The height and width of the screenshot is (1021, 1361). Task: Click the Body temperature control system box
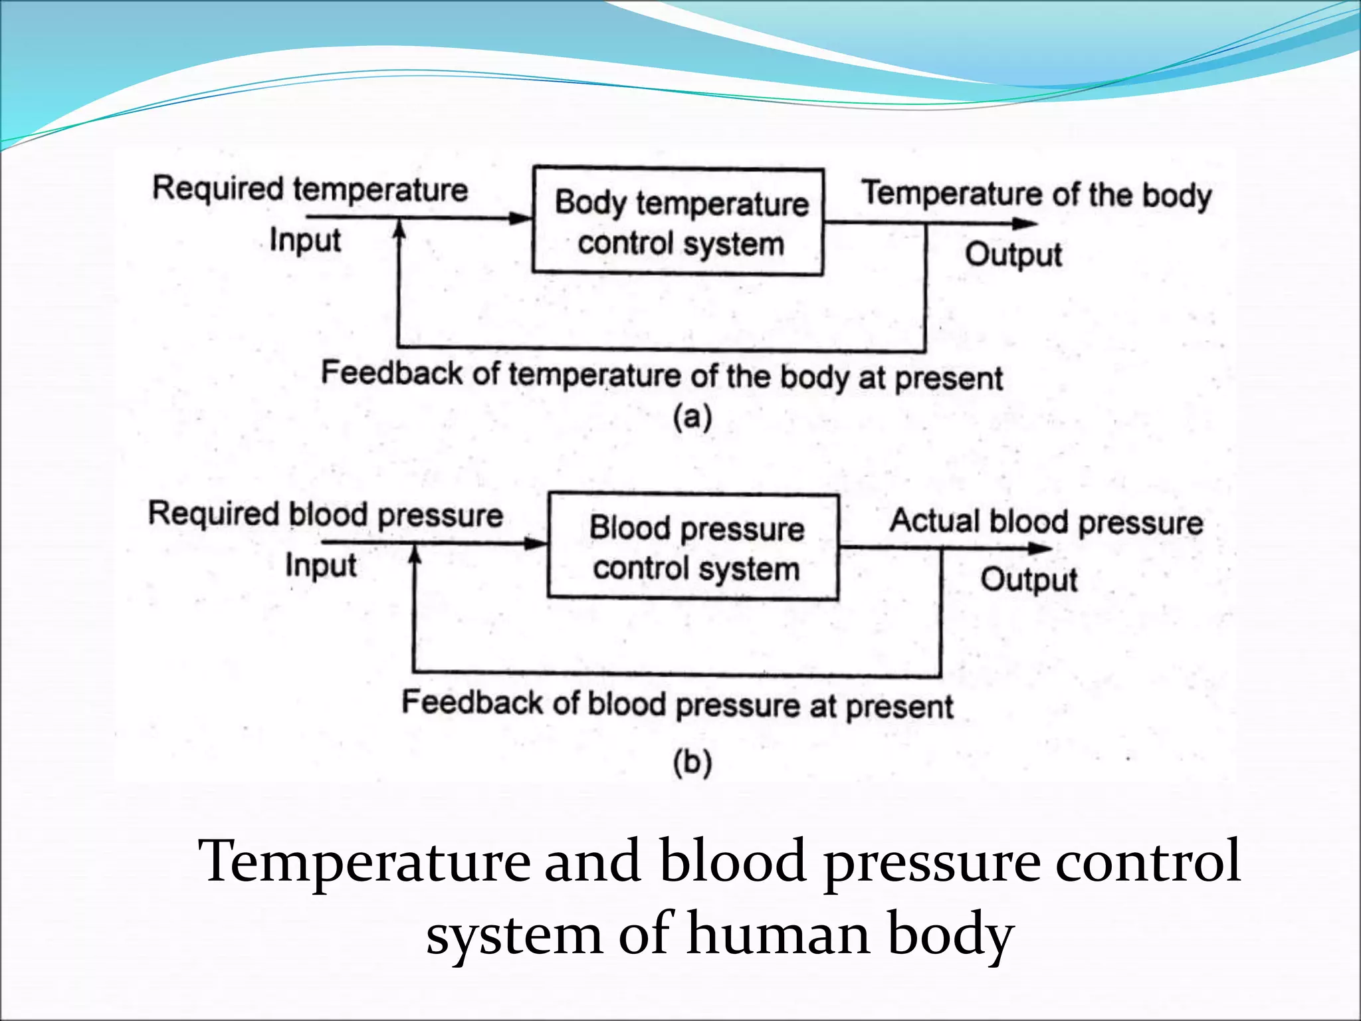[x=679, y=221]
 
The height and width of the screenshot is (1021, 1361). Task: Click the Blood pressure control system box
[x=693, y=546]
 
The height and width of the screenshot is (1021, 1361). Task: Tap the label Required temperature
[x=310, y=189]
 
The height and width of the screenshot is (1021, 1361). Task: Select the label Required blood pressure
[x=325, y=514]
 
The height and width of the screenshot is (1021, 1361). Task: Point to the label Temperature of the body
[x=1037, y=195]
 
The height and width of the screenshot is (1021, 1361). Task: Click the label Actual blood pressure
[x=1046, y=522]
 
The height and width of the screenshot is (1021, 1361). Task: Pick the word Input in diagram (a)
[x=305, y=240]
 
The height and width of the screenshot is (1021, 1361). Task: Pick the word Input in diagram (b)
[x=321, y=566]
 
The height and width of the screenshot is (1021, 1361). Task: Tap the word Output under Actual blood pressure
[x=1029, y=580]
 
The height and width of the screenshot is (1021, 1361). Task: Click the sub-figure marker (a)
[x=692, y=418]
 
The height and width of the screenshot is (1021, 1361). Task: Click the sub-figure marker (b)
[x=692, y=762]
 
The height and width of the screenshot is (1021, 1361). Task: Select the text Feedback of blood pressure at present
[x=677, y=705]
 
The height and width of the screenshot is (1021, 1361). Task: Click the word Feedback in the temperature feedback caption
[x=391, y=373]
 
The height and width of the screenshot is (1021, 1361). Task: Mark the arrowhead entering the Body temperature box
[x=521, y=218]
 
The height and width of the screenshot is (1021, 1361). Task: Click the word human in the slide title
[x=778, y=934]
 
